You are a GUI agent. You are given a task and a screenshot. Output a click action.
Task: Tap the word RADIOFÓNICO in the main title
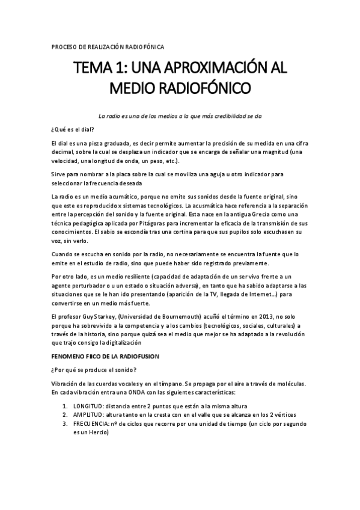207,88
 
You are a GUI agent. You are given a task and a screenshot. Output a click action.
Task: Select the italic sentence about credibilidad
180,116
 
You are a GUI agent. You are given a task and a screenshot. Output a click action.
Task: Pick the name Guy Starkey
104,317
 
